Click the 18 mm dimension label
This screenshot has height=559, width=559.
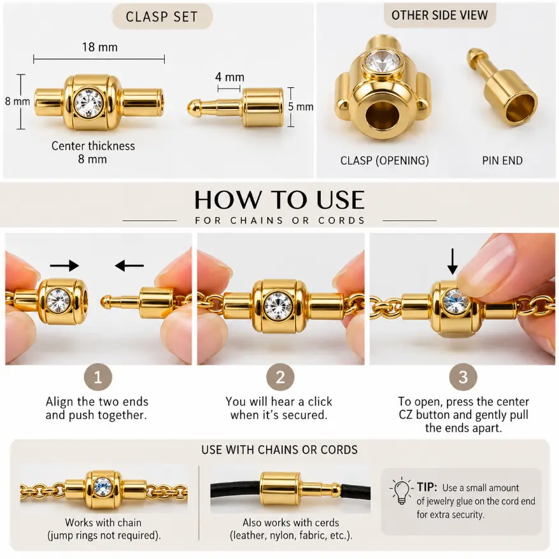pyautogui.click(x=100, y=47)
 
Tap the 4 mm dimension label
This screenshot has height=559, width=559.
pyautogui.click(x=230, y=77)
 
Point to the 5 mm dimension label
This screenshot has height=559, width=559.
pyautogui.click(x=301, y=106)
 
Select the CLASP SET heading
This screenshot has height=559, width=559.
pyautogui.click(x=162, y=17)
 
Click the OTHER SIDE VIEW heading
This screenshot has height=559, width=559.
pyautogui.click(x=439, y=15)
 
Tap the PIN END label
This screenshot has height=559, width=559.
pyautogui.click(x=502, y=160)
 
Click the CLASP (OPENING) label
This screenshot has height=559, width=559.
pyautogui.click(x=385, y=160)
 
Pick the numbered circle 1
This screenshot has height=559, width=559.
pyautogui.click(x=98, y=377)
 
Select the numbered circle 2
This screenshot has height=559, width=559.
pyautogui.click(x=280, y=377)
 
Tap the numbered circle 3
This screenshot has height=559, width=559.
pyautogui.click(x=463, y=377)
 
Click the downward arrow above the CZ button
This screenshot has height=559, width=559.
pyautogui.click(x=453, y=261)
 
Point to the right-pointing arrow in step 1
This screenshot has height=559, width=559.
pyautogui.click(x=64, y=265)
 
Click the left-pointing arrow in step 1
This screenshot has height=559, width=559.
pyautogui.click(x=129, y=265)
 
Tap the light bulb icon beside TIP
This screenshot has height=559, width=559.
pyautogui.click(x=402, y=491)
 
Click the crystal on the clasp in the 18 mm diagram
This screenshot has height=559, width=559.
pyautogui.click(x=88, y=103)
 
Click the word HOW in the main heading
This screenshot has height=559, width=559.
pyautogui.click(x=227, y=200)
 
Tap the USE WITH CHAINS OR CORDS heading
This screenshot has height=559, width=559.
pyautogui.click(x=279, y=450)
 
